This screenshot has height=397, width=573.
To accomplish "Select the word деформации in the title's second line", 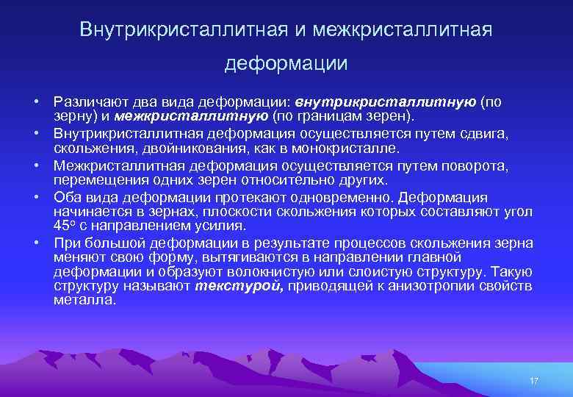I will tap(286, 64).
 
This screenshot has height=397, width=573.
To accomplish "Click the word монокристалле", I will tap(349, 147).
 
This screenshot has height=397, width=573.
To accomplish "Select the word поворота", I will tap(476, 165).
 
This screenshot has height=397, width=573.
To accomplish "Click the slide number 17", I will tap(534, 381).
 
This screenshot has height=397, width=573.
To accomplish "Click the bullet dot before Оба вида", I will tap(35, 198).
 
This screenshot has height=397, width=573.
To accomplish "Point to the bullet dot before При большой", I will tap(35, 243).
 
